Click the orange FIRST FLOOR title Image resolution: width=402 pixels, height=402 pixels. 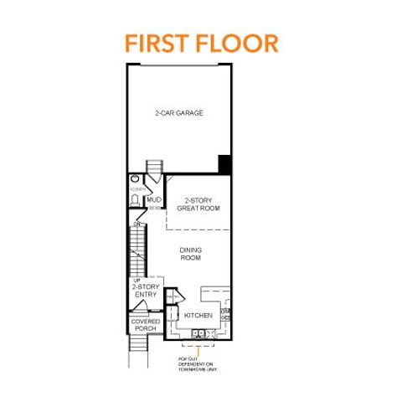[201, 41]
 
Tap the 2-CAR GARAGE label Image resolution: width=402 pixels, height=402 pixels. [178, 113]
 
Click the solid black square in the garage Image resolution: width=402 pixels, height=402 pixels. [224, 163]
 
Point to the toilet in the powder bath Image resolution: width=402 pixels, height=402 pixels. [135, 201]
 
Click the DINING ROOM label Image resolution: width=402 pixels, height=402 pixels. [191, 254]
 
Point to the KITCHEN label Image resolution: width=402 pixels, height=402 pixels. [198, 316]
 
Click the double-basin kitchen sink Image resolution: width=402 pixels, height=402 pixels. [199, 334]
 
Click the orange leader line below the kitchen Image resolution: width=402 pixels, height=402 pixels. [199, 348]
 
